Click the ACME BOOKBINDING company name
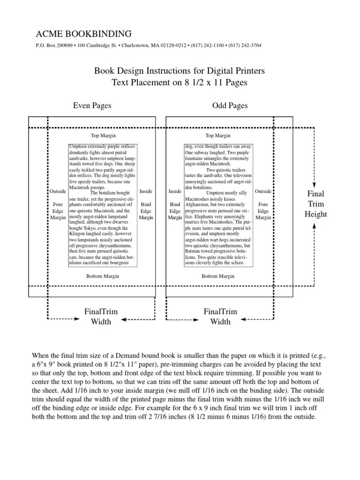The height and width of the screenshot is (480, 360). [83, 34]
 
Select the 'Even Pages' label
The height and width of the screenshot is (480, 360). [92, 105]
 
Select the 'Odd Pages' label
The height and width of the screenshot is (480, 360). [230, 105]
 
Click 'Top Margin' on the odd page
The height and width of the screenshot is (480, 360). [218, 136]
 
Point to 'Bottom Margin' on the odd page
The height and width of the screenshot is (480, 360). [218, 276]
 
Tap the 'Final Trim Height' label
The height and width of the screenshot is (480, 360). [315, 204]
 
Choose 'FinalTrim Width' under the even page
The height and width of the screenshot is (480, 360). [101, 316]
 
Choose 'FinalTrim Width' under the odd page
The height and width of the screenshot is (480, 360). [220, 316]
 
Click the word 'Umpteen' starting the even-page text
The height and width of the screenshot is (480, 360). [78, 147]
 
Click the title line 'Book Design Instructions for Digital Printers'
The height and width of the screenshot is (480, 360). [180, 71]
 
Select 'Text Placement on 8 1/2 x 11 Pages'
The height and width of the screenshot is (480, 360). [180, 82]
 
